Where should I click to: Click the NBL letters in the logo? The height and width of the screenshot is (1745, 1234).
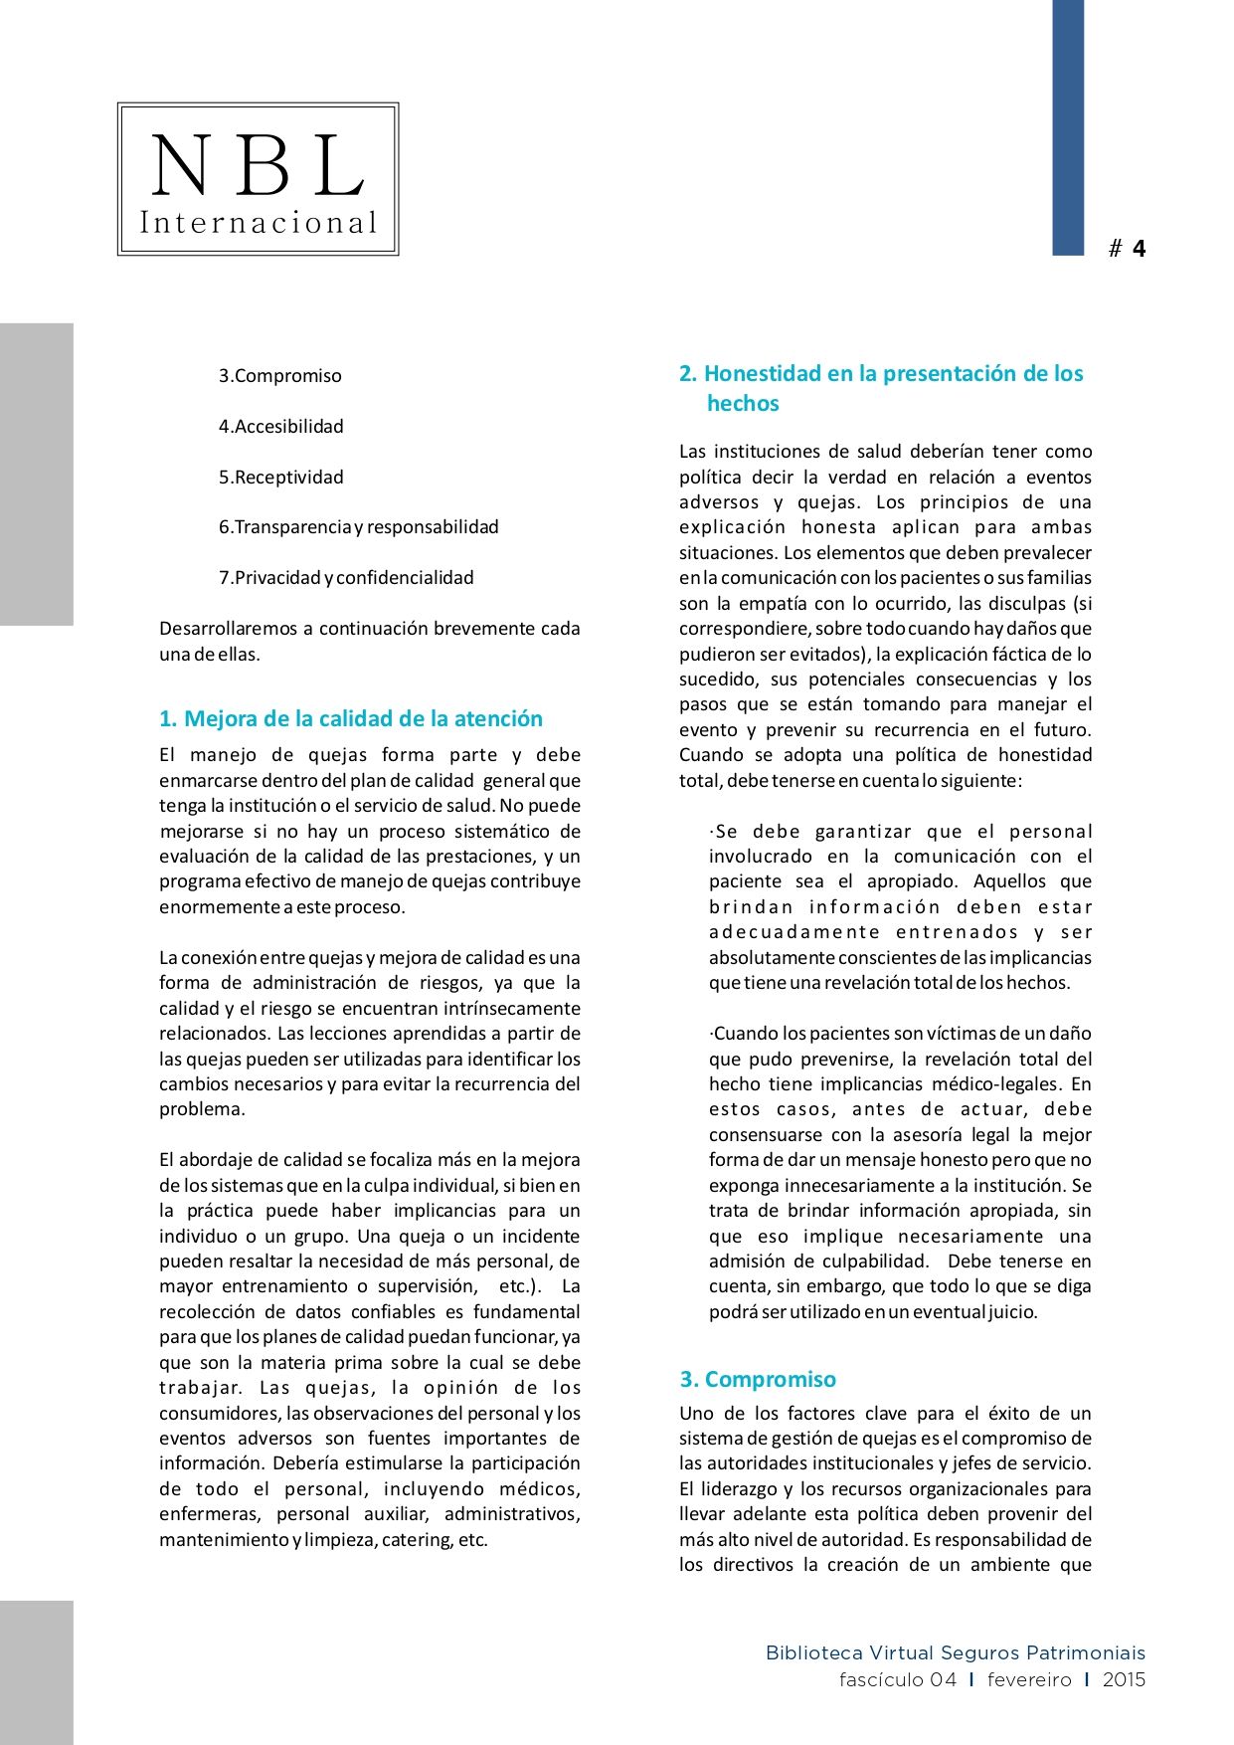[x=258, y=165]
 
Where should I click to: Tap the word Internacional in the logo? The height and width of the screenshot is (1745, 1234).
[x=259, y=223]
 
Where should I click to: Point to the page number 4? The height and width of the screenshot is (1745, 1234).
[x=1139, y=249]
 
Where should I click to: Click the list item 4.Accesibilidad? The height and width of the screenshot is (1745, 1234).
[x=281, y=427]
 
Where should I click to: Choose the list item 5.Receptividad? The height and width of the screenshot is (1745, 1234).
[x=281, y=478]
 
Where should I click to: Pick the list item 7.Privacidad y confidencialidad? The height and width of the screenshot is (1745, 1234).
[x=346, y=578]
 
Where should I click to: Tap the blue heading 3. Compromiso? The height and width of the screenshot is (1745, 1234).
[x=758, y=1380]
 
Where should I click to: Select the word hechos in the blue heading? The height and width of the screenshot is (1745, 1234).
[x=743, y=404]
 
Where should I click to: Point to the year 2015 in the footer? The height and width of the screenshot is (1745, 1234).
[x=1124, y=1680]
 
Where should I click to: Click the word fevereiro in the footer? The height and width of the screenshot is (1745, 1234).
[x=1029, y=1680]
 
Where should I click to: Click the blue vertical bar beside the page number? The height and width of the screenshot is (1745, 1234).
[x=1068, y=127]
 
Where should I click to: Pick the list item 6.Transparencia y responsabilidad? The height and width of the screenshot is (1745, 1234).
[x=359, y=527]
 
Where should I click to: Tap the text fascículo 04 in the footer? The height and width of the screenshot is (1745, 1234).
[x=897, y=1680]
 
